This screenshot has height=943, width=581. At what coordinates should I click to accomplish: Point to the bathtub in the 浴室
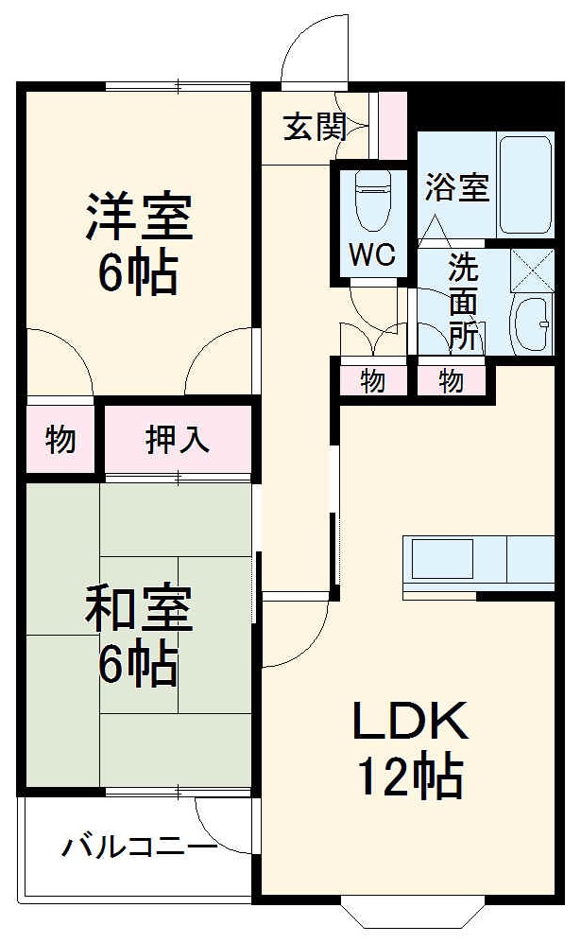click(x=525, y=185)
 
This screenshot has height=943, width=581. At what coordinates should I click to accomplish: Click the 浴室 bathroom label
click(x=456, y=187)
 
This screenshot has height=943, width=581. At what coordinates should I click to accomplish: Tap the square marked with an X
click(x=531, y=271)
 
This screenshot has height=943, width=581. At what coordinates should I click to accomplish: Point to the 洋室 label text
click(x=139, y=218)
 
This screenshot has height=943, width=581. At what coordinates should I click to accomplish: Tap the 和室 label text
click(x=139, y=610)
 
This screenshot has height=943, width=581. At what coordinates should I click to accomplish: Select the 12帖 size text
click(x=409, y=777)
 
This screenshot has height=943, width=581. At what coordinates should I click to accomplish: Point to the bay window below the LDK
click(x=412, y=912)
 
